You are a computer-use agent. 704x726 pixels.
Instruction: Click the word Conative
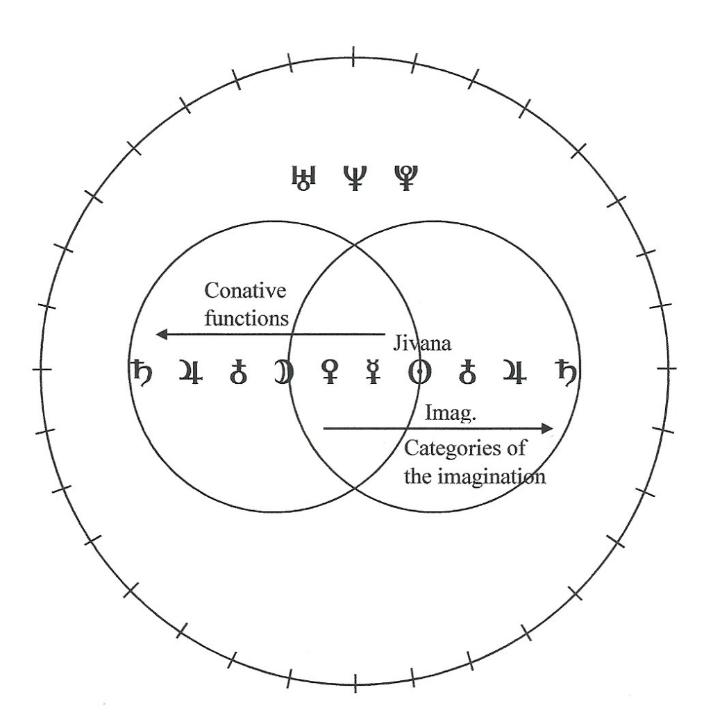[x=245, y=291]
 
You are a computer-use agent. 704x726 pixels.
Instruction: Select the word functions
[x=246, y=319]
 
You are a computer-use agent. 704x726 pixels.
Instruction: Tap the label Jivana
[x=422, y=344]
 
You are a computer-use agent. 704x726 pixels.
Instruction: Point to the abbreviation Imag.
[x=450, y=412]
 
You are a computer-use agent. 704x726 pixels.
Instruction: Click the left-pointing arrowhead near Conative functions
[x=162, y=334]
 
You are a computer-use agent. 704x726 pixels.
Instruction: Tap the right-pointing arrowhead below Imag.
[x=547, y=429]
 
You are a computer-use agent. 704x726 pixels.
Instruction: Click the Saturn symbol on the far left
[x=141, y=372]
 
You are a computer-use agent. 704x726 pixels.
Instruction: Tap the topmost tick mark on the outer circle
[x=354, y=56]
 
